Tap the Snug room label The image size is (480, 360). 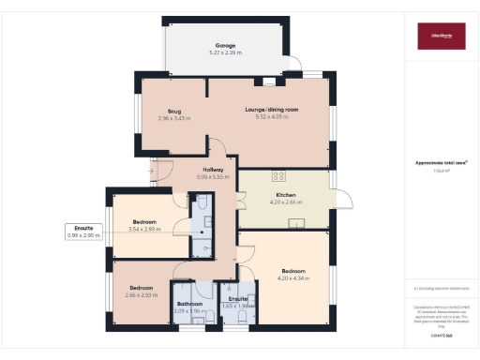[174, 112]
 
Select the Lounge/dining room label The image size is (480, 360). [272, 110]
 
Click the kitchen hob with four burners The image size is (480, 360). [278, 175]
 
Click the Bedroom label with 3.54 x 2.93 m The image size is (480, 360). [143, 222]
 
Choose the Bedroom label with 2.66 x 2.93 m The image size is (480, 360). [141, 287]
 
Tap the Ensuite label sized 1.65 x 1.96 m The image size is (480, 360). [238, 299]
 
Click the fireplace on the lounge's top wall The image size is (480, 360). [271, 81]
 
